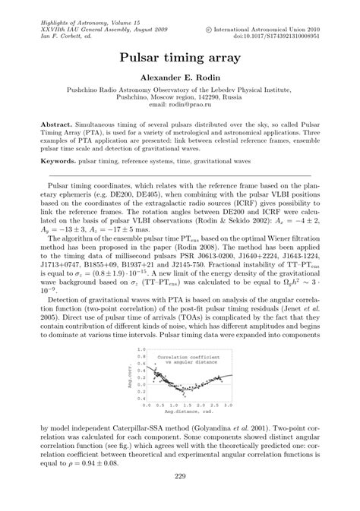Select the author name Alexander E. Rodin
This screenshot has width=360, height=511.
point(180,77)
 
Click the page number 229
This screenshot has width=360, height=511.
point(180,477)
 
